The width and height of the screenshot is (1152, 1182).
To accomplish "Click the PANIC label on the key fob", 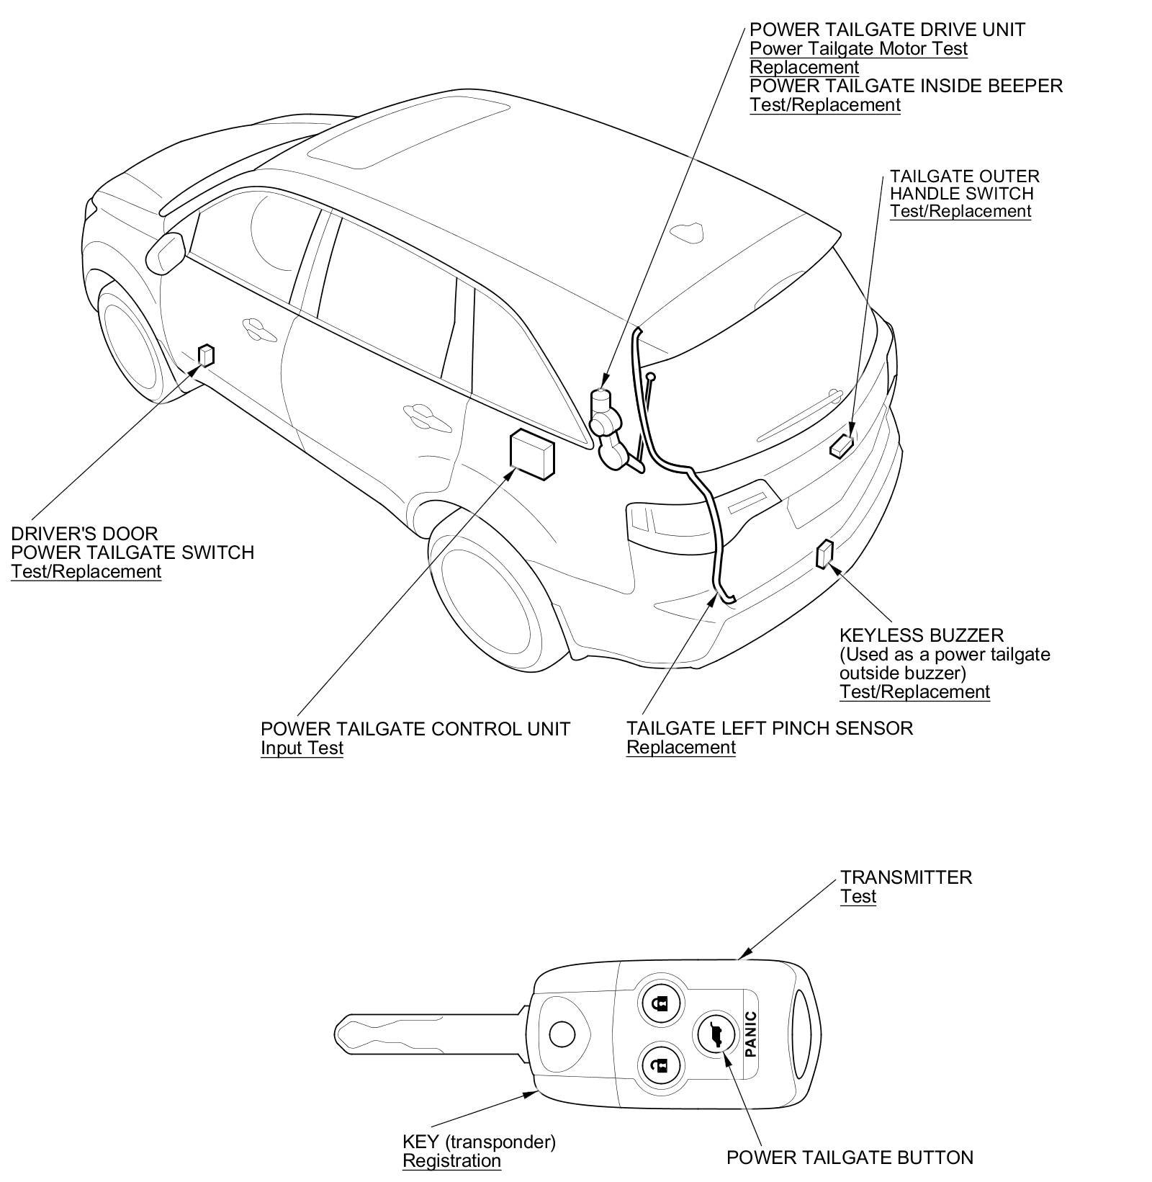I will pyautogui.click(x=751, y=1034).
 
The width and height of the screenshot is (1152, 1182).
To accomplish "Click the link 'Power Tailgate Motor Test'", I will pyautogui.click(x=858, y=49).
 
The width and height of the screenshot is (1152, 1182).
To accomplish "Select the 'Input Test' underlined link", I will pyautogui.click(x=302, y=748).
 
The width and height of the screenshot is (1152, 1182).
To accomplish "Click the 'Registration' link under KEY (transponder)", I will pyautogui.click(x=451, y=1160).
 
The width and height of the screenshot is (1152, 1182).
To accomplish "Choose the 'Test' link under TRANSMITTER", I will pyautogui.click(x=858, y=896).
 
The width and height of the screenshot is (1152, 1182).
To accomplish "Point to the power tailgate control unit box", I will pyautogui.click(x=532, y=453).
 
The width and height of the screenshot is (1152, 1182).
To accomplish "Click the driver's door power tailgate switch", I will pyautogui.click(x=206, y=355).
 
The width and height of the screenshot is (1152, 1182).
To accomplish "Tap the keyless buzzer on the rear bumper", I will pyautogui.click(x=824, y=555).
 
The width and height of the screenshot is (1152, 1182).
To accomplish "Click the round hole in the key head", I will pyautogui.click(x=562, y=1035).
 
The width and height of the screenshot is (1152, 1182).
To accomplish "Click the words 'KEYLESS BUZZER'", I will pyautogui.click(x=921, y=635).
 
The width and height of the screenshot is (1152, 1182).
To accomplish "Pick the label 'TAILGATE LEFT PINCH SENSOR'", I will pyautogui.click(x=769, y=728).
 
